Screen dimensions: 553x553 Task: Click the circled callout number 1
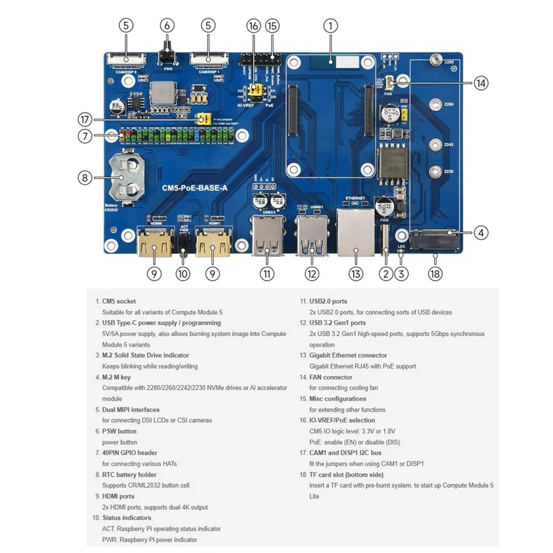click(x=330, y=26)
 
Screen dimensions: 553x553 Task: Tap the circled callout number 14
click(x=481, y=83)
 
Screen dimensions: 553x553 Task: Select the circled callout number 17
click(x=85, y=120)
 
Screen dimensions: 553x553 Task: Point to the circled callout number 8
click(x=85, y=177)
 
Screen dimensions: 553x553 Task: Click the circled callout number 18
click(x=435, y=274)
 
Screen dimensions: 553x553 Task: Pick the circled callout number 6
click(x=167, y=26)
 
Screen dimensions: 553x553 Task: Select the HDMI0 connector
click(x=154, y=242)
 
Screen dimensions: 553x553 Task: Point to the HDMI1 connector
click(x=212, y=242)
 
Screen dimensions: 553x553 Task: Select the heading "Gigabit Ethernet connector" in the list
click(x=348, y=355)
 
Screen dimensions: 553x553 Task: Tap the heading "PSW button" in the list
click(x=119, y=431)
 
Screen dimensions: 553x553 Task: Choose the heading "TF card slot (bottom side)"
click(x=346, y=475)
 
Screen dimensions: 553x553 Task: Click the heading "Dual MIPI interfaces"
click(x=130, y=410)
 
